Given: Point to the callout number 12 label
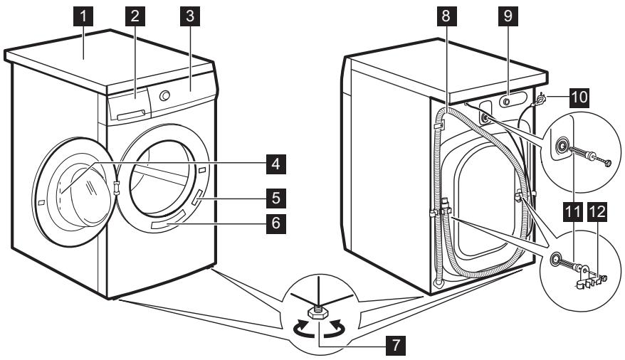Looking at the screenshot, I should (596, 212).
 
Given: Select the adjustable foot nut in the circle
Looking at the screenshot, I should (313, 312).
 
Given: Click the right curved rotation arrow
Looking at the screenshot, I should (337, 329).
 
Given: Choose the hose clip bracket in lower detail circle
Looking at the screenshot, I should (585, 277).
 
